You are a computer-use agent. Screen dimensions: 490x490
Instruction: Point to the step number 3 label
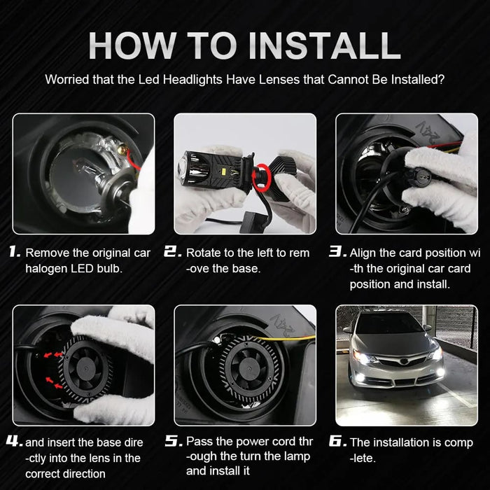pyautogui.click(x=337, y=252)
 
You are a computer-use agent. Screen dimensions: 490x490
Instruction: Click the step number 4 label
pyautogui.click(x=14, y=442)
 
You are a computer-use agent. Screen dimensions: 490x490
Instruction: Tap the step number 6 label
pyautogui.click(x=337, y=442)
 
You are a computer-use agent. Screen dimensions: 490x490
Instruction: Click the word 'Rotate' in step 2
pyautogui.click(x=204, y=253)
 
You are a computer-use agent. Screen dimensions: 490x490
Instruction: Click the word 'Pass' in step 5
pyautogui.click(x=199, y=442)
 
